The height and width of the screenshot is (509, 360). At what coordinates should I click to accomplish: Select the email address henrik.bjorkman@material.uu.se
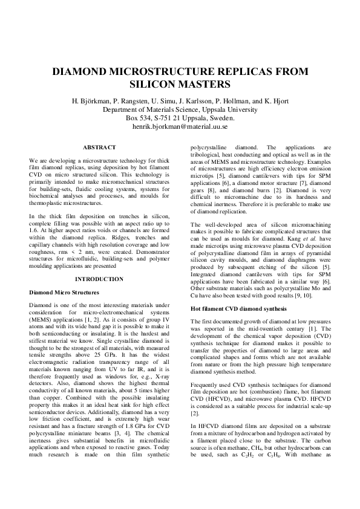(x=179, y=127)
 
